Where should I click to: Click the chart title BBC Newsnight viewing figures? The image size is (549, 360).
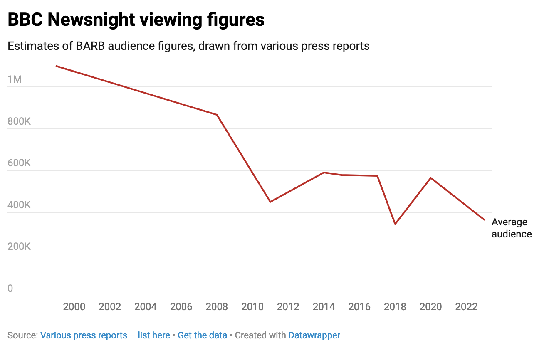coord(136,20)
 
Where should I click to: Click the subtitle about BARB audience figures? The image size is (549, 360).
coord(188,46)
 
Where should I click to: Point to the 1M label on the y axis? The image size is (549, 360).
coord(15,79)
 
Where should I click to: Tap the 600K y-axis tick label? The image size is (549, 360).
coord(19,163)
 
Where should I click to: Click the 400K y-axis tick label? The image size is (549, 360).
coord(19,205)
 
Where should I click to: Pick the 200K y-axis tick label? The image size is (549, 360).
coord(19,247)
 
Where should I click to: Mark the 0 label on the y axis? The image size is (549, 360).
coord(10,288)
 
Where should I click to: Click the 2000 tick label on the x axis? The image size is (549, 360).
coord(74,307)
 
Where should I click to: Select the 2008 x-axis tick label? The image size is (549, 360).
coord(217,307)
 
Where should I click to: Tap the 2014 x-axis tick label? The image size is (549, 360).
coord(324,307)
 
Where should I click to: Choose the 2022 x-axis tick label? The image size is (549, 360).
coord(466,307)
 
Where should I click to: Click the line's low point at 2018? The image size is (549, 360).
coord(395,224)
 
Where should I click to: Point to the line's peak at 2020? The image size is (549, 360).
coord(430,178)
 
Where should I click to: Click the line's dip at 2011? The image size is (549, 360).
coord(270,202)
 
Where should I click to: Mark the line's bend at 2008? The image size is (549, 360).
coord(217,115)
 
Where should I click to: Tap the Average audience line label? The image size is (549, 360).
coord(511,228)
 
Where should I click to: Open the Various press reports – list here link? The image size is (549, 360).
coord(105,335)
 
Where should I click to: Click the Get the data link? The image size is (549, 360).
coord(202,335)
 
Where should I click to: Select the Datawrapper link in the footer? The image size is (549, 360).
coord(314,335)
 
